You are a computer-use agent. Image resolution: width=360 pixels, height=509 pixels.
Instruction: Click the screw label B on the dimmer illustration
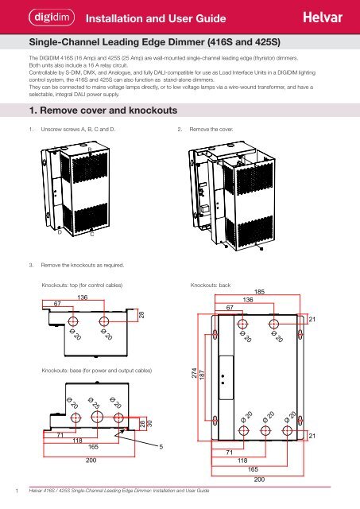[90, 149]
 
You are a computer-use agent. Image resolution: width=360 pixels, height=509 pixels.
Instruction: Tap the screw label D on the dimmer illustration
[60, 233]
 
